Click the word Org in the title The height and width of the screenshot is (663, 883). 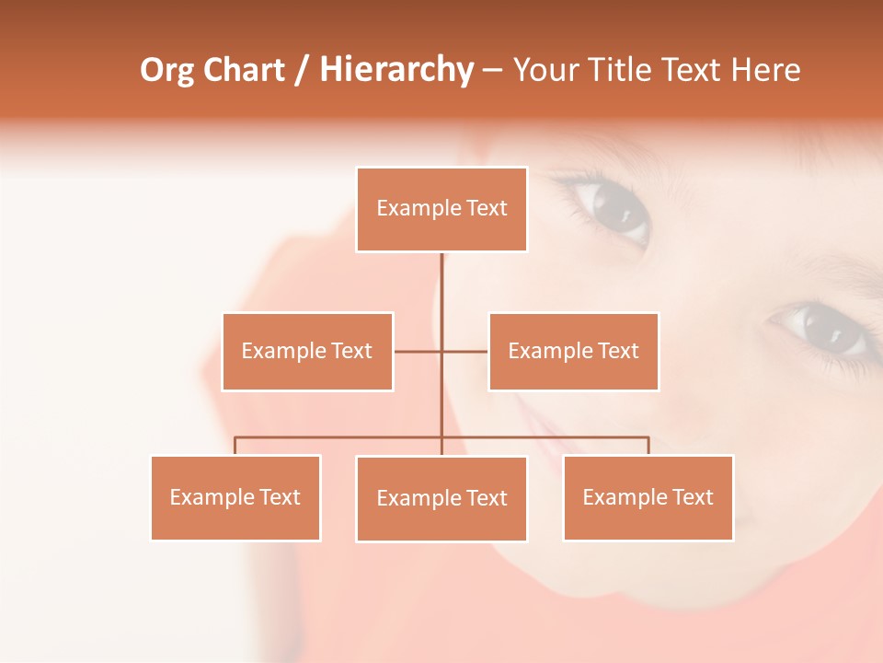(x=166, y=70)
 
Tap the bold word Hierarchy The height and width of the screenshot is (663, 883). (x=396, y=70)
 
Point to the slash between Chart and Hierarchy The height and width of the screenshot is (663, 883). (x=301, y=71)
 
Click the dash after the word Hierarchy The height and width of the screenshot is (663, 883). (x=492, y=71)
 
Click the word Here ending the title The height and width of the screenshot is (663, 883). (x=766, y=70)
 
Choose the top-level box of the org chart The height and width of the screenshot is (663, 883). (x=441, y=209)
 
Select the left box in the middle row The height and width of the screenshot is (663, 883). (x=307, y=351)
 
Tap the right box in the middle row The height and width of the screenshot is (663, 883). (x=573, y=351)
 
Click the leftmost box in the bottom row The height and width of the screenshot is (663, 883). (x=235, y=497)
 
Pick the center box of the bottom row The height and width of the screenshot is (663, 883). (x=441, y=498)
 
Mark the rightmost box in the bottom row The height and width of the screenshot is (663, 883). (x=648, y=497)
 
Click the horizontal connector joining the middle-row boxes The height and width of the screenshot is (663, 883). (x=464, y=351)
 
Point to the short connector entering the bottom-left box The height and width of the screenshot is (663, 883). (x=235, y=446)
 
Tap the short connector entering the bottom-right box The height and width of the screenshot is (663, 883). (x=648, y=446)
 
